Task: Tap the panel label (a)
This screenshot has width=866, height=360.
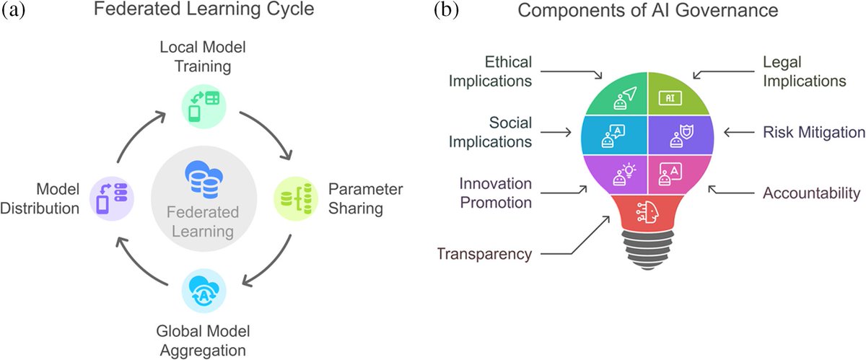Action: tap(17, 12)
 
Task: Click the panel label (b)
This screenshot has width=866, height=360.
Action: tap(447, 12)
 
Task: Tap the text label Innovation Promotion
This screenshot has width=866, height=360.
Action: tap(490, 193)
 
